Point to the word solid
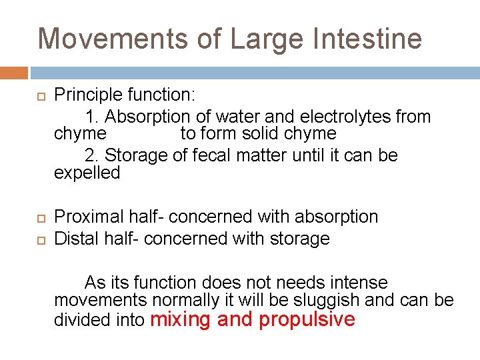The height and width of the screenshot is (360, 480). tap(249, 133)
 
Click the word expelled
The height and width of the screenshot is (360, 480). tap(87, 173)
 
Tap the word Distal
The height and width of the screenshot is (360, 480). tap(76, 238)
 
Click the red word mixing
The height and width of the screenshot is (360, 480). tap(181, 319)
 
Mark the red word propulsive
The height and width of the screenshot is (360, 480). tap(307, 320)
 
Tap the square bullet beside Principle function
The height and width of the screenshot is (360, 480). tap(40, 96)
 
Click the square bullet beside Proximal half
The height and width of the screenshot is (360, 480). tap(40, 217)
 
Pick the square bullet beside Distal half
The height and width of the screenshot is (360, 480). tap(40, 239)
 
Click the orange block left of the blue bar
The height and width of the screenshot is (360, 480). tap(14, 73)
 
